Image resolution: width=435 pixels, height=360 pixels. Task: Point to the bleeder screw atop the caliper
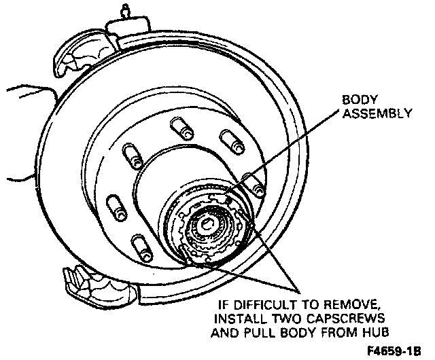coord(124,10)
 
